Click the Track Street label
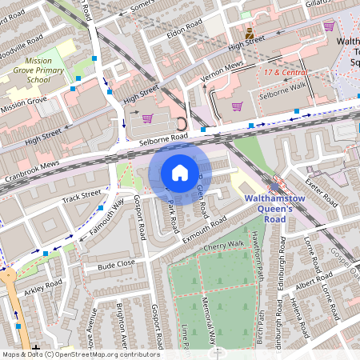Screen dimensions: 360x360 pos(82,194)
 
